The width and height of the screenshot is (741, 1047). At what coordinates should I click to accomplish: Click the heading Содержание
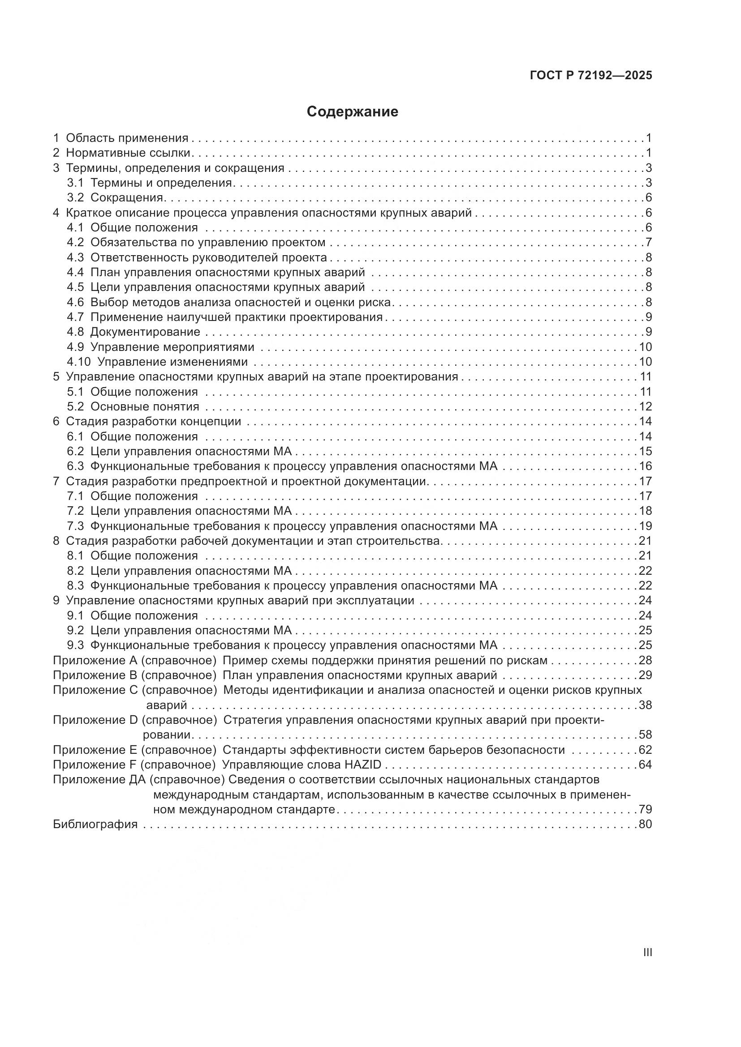[x=352, y=112]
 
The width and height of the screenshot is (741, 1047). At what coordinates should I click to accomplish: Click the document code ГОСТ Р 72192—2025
[x=591, y=75]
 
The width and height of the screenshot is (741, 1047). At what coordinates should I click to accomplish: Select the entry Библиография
[x=95, y=824]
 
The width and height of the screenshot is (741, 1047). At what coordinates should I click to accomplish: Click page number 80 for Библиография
[x=645, y=824]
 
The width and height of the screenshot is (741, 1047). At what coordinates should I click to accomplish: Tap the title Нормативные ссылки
[x=128, y=153]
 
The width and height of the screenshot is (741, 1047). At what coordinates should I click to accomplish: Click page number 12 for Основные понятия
[x=645, y=406]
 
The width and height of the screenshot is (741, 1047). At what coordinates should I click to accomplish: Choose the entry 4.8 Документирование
[x=133, y=332]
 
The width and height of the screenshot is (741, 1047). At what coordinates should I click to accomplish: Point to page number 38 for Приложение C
[x=645, y=705]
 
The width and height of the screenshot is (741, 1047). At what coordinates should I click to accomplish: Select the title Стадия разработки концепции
[x=153, y=421]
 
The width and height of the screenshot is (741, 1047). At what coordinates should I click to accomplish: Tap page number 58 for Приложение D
[x=645, y=735]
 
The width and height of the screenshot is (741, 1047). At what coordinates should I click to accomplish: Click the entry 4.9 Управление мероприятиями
[x=160, y=347]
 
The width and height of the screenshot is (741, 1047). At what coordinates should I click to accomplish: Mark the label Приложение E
[x=95, y=750]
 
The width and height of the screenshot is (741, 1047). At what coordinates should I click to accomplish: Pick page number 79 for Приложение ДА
[x=645, y=809]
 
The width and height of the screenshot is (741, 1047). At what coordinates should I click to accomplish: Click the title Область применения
[x=127, y=138]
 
